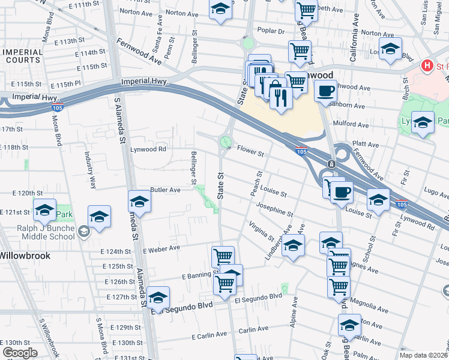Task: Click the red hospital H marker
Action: click(x=427, y=65)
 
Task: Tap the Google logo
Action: click(x=20, y=353)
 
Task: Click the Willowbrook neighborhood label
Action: click(x=25, y=255)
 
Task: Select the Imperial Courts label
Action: click(x=23, y=56)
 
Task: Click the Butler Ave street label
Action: click(x=165, y=190)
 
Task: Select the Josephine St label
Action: click(x=274, y=211)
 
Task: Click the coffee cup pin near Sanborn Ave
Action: click(x=325, y=91)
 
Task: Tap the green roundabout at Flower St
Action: click(x=226, y=142)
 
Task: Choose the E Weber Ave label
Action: click(x=161, y=248)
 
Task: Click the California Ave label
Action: click(x=354, y=47)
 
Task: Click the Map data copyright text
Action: click(x=424, y=355)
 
